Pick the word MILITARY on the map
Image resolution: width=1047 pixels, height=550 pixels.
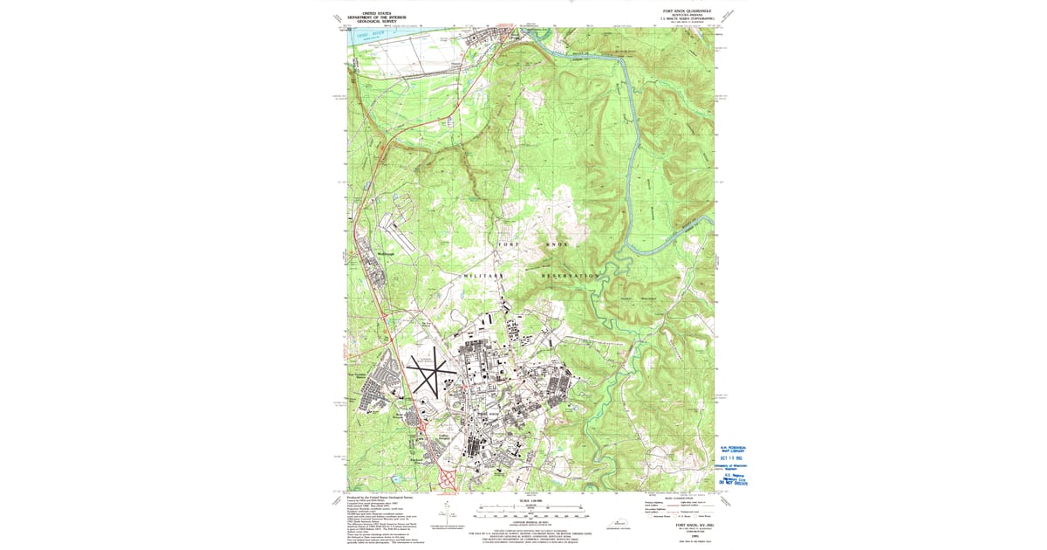coord(483,275)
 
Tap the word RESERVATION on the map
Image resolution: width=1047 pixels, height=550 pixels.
coord(571,275)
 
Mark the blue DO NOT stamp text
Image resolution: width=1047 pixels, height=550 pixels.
coord(736,482)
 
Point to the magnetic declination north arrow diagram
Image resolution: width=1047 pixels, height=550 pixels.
coord(448,514)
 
